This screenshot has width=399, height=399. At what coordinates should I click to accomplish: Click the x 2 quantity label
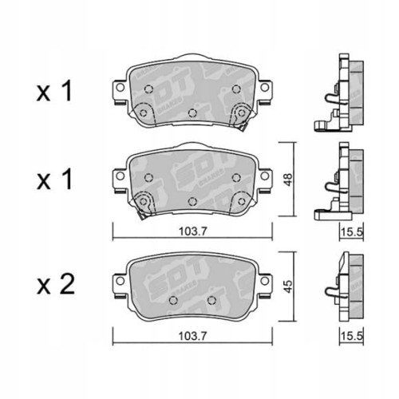[55, 285]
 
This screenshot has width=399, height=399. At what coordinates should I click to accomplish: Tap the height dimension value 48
[288, 180]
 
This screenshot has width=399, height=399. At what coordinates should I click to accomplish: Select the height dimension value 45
[288, 286]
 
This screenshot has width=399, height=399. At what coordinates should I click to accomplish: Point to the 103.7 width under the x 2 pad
[192, 336]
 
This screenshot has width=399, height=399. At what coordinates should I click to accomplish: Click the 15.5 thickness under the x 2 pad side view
[352, 336]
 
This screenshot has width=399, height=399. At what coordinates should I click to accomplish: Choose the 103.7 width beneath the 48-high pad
[192, 231]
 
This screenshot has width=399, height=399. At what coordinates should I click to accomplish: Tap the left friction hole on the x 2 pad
[173, 300]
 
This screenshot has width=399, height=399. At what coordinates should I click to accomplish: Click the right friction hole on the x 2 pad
[211, 300]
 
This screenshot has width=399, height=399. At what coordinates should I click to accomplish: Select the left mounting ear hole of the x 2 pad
[120, 281]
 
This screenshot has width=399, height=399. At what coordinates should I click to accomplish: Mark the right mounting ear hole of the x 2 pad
[264, 281]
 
